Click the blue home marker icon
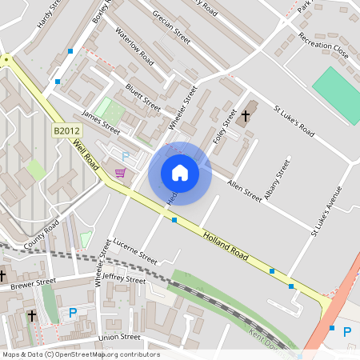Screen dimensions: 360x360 [x=180, y=173]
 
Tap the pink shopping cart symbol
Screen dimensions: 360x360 [x=120, y=173]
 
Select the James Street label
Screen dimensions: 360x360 [x=101, y=124]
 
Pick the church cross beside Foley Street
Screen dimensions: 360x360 [x=245, y=117]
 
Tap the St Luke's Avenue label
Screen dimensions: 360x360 [x=326, y=211]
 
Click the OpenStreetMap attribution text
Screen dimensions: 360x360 [x=80, y=354]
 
